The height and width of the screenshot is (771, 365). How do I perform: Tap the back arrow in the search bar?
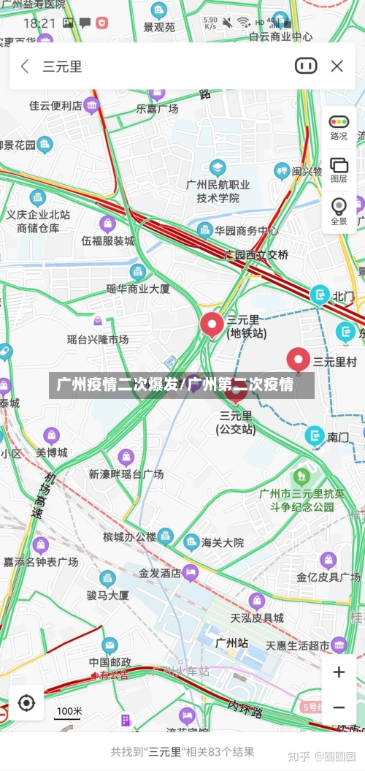pos(25,67)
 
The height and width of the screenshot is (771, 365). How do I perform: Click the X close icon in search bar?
pos(337,67)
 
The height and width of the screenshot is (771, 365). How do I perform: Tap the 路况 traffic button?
pos(339,127)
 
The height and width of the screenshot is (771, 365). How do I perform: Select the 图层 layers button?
pos(339,170)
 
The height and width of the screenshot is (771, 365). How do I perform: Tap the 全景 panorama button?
pos(339,212)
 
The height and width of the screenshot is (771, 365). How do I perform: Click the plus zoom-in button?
pos(339,672)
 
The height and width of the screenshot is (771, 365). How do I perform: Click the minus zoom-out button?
pos(339,707)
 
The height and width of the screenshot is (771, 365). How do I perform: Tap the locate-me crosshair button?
pos(26,703)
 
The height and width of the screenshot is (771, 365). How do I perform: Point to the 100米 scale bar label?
pos(69,711)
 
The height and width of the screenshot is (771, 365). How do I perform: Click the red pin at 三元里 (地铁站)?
pos(212,324)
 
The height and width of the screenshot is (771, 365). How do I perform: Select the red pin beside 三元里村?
pos(298,360)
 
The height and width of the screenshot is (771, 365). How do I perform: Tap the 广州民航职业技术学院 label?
pos(218,191)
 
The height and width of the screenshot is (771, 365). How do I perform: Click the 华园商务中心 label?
pos(246,231)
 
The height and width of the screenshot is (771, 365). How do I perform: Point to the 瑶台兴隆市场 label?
pos(98,339)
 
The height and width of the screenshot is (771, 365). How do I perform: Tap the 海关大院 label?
pos(222,543)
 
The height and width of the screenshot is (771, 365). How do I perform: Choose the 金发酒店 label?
pos(160,574)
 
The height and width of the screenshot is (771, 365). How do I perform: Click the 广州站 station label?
pos(231,643)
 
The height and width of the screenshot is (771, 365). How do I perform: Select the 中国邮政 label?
pos(109,662)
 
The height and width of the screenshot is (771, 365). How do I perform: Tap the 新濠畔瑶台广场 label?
pos(126,474)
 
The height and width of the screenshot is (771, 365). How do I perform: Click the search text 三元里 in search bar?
pos(62,67)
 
